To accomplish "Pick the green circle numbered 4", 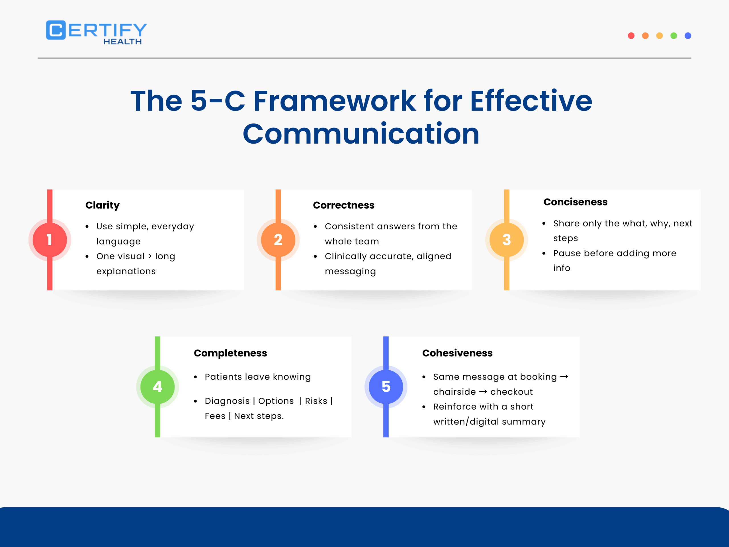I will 157,387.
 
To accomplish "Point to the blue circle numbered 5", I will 386,387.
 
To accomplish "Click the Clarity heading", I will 103,205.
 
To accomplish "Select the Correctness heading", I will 343,205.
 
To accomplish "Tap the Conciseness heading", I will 575,202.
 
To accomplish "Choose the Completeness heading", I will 230,353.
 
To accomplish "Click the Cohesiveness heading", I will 457,353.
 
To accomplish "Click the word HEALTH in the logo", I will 123,42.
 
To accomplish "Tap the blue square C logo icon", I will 56,30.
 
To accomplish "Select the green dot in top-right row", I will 674,36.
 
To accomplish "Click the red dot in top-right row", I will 631,36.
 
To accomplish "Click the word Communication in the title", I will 361,134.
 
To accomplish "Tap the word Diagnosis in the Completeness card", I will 227,401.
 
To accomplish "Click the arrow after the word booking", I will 564,377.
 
